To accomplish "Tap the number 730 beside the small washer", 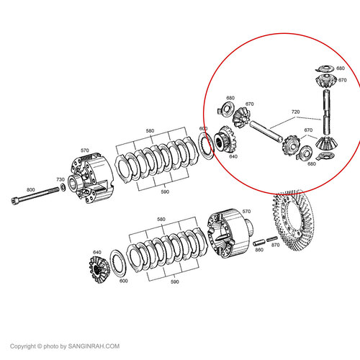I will [x=60, y=179].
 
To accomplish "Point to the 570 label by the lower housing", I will [x=246, y=212].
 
